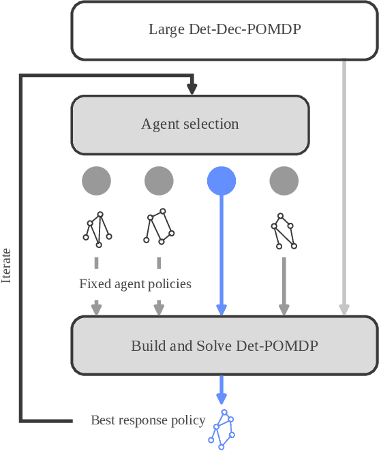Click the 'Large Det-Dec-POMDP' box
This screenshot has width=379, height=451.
pos(224,31)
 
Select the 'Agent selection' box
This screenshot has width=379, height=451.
pos(190,124)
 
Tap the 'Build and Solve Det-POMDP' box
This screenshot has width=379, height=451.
pos(224,345)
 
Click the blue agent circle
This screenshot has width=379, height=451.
pos(222,181)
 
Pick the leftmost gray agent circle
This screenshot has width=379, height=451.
pos(96,181)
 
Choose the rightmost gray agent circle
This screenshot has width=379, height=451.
pos(284,181)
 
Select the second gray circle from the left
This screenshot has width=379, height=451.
pos(159,181)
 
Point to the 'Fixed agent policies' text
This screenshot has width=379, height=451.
pos(135,283)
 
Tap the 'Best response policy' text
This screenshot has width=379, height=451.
pos(148,420)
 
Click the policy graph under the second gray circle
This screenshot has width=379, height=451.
pos(157,226)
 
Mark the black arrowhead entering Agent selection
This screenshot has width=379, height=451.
pos(192,89)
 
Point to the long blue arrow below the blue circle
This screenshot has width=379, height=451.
pos(221,252)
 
